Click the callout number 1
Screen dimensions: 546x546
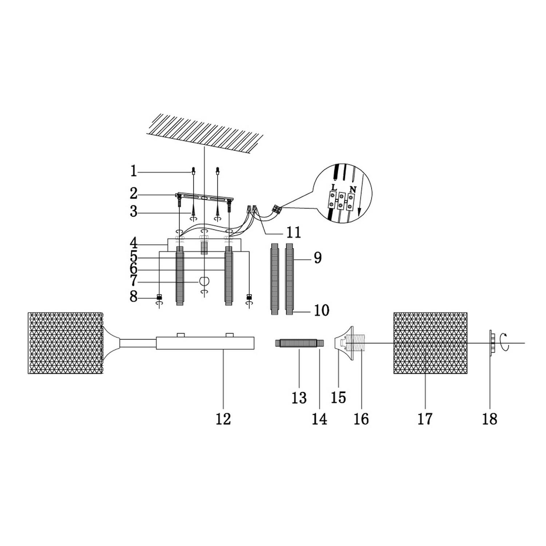(134, 171)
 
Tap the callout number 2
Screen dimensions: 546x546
(134, 194)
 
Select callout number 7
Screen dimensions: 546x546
(134, 281)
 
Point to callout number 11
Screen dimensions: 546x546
(294, 232)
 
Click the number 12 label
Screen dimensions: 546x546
(223, 419)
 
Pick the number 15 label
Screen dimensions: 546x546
(338, 397)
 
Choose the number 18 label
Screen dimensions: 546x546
(490, 419)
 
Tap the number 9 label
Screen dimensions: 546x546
(317, 258)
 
